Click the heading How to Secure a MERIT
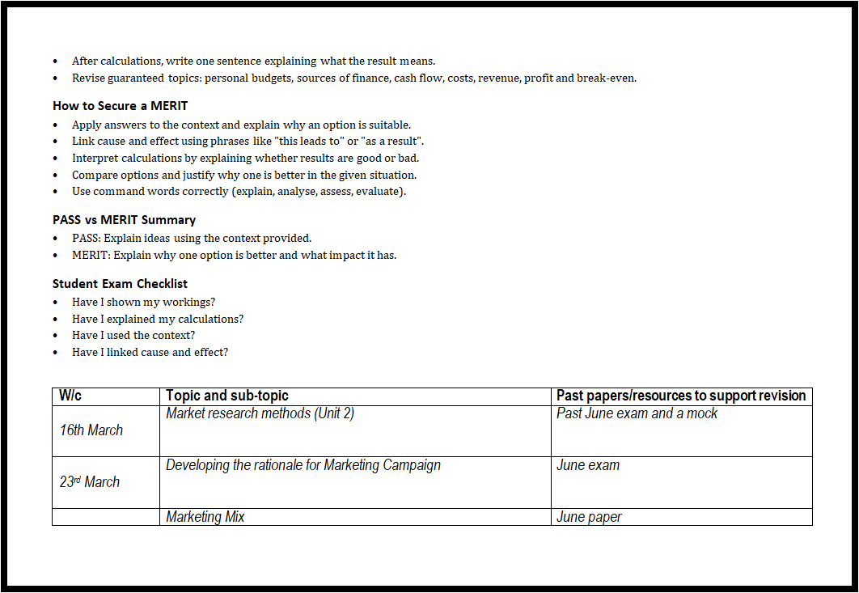121,106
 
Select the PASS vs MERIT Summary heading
124,220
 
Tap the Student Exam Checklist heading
120,284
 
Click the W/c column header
71,396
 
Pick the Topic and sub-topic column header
227,396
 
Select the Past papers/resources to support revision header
681,396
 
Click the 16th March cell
91,430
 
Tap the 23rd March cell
90,482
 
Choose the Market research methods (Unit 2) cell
260,413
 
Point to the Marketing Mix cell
205,517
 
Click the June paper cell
589,517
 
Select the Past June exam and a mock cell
637,413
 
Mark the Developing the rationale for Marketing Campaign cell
303,465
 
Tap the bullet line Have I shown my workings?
143,303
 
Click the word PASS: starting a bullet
87,238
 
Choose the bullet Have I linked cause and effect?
150,352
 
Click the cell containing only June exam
588,465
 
